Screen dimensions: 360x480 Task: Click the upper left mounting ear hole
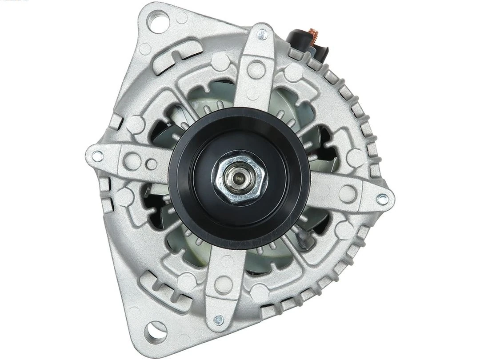(x=157, y=21)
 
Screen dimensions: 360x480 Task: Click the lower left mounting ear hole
(x=156, y=330)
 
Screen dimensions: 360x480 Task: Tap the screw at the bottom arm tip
(x=218, y=319)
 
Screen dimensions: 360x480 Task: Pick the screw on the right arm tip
(x=382, y=200)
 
